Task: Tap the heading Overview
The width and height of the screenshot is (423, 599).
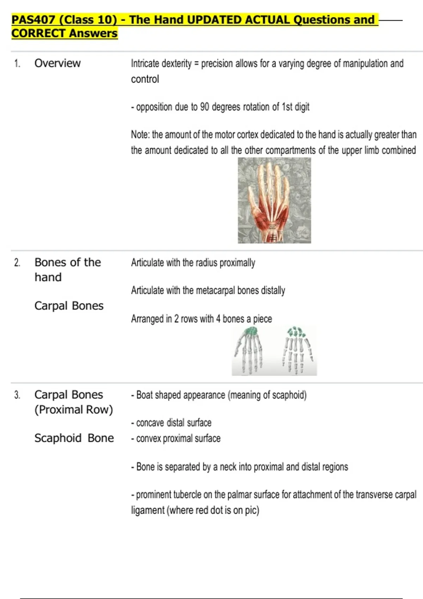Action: (57, 63)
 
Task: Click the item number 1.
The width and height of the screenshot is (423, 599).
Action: (17, 64)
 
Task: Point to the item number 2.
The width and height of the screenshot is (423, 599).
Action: (17, 263)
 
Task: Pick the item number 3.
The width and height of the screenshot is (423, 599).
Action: (17, 395)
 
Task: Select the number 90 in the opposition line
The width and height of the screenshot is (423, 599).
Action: (204, 107)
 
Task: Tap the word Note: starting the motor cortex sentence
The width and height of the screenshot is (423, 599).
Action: (140, 135)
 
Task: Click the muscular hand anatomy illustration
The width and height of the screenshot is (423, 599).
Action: (274, 200)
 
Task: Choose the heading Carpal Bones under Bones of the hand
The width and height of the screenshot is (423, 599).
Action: (69, 306)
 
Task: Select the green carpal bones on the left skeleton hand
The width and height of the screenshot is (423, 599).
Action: (251, 331)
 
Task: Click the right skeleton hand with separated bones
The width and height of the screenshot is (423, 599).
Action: (298, 351)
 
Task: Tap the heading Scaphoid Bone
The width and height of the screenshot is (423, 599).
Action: (74, 438)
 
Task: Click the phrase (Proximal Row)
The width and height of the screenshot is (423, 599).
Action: (74, 410)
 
